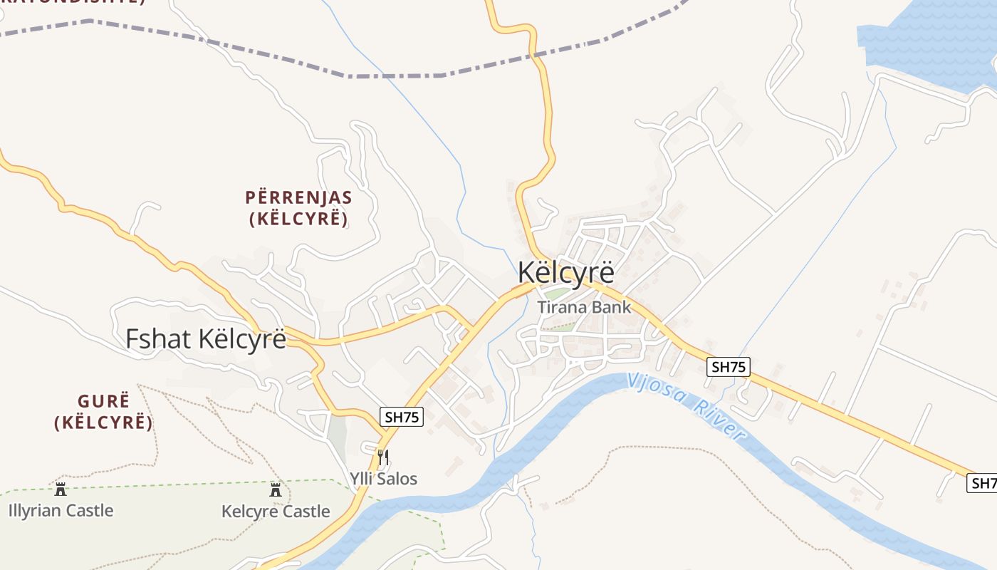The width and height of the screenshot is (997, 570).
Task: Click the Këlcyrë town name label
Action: coord(565,273)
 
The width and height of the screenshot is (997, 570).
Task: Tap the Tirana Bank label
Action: coord(584,307)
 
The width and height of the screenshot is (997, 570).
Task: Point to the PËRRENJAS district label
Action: coord(298,197)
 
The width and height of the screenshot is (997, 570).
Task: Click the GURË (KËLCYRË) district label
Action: coord(104,411)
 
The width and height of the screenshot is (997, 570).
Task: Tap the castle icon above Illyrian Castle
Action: coord(61,489)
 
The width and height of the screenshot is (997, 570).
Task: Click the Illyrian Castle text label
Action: coord(61,510)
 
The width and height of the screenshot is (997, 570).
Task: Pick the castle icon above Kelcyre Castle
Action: coord(276,489)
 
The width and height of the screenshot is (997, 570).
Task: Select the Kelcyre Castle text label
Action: coord(276,512)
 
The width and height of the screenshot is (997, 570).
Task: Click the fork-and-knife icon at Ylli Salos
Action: coord(383,457)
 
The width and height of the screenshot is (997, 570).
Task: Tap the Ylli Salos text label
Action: coord(383,478)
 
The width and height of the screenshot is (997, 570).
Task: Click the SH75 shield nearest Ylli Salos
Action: coord(402,417)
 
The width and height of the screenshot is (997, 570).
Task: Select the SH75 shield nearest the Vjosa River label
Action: coord(729,367)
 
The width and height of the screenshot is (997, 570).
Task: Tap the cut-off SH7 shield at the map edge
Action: coord(983,483)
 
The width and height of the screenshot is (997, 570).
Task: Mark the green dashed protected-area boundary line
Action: coord(214,483)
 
